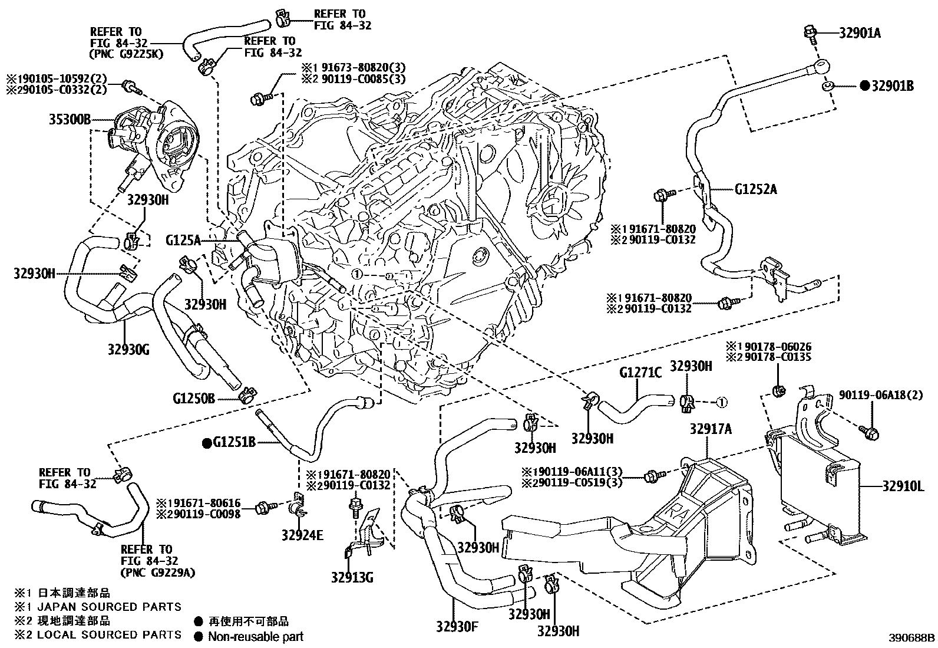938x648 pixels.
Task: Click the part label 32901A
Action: tap(860, 34)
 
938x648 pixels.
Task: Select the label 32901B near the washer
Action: tap(893, 86)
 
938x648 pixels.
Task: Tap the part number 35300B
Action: tap(69, 120)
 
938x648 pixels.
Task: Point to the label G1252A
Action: tap(755, 190)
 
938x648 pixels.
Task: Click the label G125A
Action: tap(183, 240)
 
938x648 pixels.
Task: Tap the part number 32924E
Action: tap(303, 536)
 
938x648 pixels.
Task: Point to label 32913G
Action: tap(352, 577)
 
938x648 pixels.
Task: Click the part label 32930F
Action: tap(457, 625)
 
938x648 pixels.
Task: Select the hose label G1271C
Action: tap(641, 373)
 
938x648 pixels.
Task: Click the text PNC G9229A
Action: tap(158, 573)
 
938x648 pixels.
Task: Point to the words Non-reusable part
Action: tap(256, 636)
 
